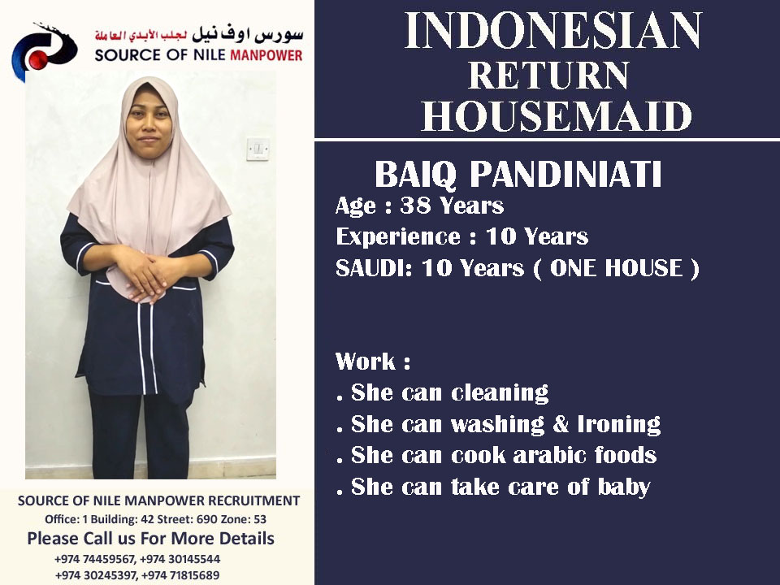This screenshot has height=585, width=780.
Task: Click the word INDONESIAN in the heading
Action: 552,31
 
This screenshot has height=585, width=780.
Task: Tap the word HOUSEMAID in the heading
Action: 556,116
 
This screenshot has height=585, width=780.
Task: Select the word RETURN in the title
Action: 548,75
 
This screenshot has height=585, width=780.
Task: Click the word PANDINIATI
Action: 565,174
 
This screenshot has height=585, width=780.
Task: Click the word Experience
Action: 398,236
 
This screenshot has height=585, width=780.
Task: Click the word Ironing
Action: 619,425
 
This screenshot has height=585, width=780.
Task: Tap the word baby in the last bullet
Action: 624,487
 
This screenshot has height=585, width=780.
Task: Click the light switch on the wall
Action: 258,149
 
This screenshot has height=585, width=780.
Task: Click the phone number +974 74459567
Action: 94,559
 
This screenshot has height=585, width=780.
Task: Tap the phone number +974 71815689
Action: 180,575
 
